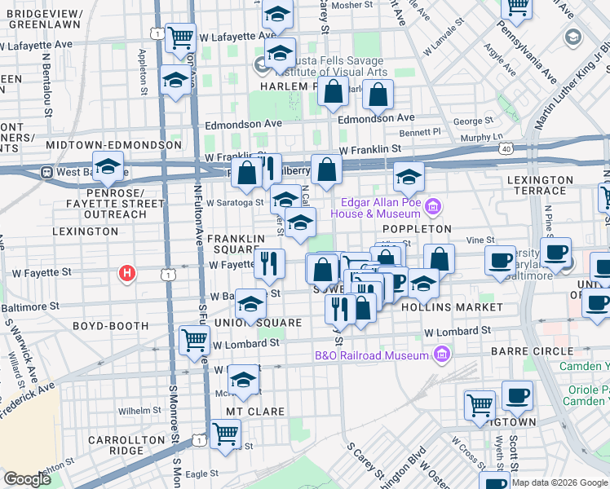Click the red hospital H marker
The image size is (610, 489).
126,273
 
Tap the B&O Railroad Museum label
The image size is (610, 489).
371,355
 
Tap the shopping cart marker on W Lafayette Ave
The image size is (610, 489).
180,37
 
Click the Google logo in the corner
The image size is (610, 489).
28,479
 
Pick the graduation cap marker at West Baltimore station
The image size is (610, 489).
107,168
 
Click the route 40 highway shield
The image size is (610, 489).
506,150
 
